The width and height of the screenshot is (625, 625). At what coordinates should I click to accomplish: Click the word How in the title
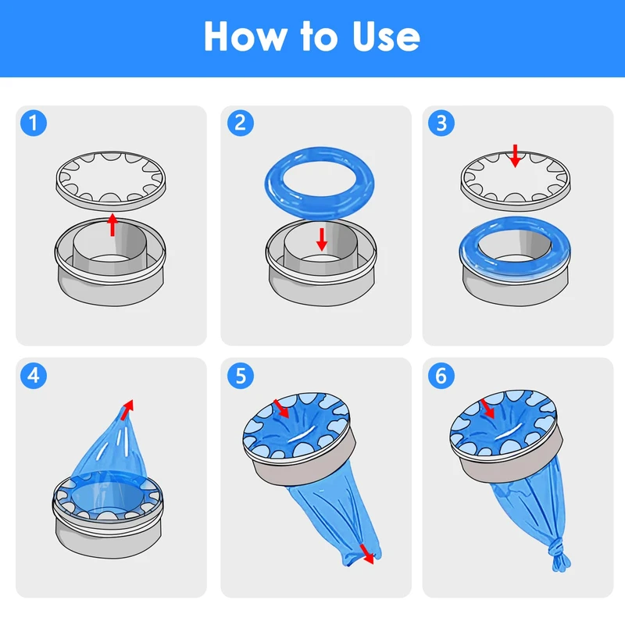pyautogui.click(x=245, y=36)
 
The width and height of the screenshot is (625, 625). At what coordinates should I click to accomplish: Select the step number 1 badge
pyautogui.click(x=34, y=123)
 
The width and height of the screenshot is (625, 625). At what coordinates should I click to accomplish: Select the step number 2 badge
pyautogui.click(x=241, y=123)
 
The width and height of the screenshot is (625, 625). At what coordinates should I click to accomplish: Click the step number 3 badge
pyautogui.click(x=441, y=123)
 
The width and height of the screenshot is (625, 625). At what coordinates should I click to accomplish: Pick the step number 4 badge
pyautogui.click(x=34, y=376)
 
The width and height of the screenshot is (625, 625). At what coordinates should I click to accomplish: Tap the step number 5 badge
pyautogui.click(x=241, y=376)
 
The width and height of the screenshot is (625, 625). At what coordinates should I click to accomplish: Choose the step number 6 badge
pyautogui.click(x=441, y=376)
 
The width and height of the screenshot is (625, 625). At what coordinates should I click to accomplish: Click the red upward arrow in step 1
pyautogui.click(x=112, y=225)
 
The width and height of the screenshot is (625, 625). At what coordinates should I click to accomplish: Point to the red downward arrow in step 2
pyautogui.click(x=322, y=240)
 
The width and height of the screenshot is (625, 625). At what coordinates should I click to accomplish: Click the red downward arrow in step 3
pyautogui.click(x=515, y=155)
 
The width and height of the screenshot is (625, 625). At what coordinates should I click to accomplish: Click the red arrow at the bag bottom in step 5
pyautogui.click(x=367, y=554)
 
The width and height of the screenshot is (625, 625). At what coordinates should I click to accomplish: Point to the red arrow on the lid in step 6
pyautogui.click(x=487, y=409)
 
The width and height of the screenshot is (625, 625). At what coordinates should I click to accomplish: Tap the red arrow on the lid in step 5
pyautogui.click(x=281, y=409)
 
